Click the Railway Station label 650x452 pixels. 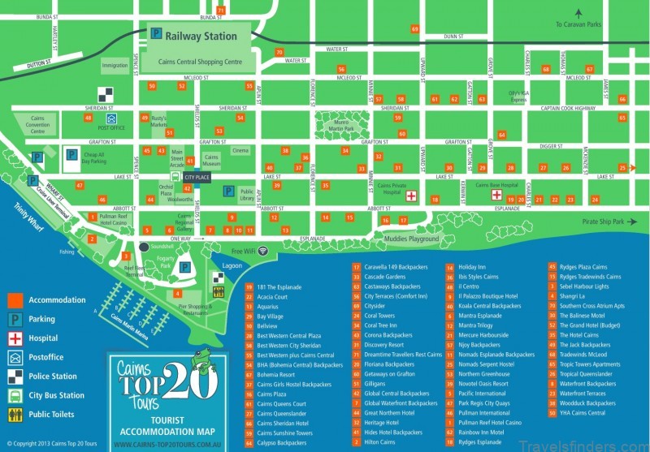[x=201, y=36]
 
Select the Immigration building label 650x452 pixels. [x=115, y=65]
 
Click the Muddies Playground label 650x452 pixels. [x=411, y=239]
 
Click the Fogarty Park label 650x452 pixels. [x=166, y=261]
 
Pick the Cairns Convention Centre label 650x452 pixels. [x=38, y=124]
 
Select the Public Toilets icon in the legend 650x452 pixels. [x=15, y=415]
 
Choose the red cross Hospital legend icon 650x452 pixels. [x=15, y=338]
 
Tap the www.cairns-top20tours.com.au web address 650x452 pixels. [x=167, y=444]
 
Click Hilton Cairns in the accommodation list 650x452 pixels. [x=379, y=442]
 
